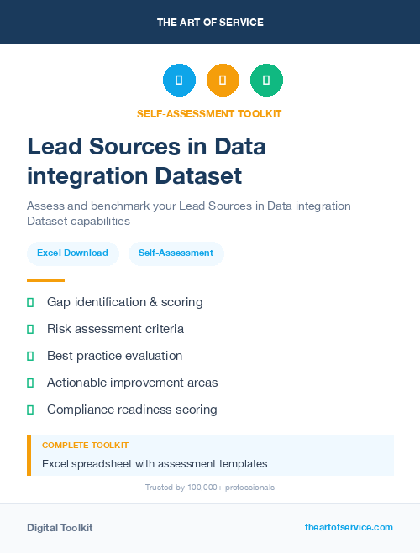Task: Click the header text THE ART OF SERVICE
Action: point(210,23)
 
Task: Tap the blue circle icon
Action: point(179,80)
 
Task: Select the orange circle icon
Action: point(223,80)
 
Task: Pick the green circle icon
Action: point(266,80)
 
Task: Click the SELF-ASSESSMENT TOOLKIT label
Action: point(209,113)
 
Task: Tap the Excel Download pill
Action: point(72,253)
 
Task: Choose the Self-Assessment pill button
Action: point(176,253)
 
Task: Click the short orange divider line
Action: point(45,280)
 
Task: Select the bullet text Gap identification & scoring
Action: point(124,302)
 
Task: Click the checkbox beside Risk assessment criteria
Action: point(30,329)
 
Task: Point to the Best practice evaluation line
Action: point(114,356)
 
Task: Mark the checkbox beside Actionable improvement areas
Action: point(30,383)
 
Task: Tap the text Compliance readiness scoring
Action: point(132,410)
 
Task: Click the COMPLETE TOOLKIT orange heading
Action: point(85,446)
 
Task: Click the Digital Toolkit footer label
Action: point(60,528)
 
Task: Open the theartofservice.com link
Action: point(349,527)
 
